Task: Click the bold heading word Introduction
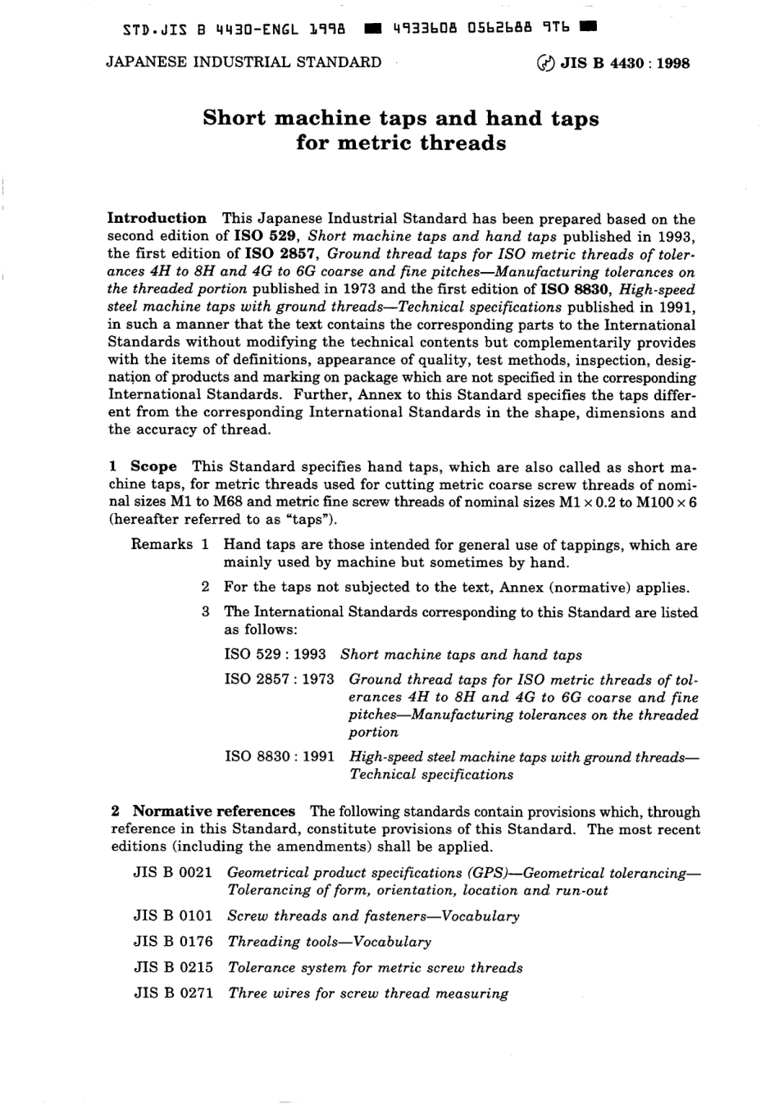pyautogui.click(x=157, y=218)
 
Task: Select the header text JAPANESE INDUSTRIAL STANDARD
pyautogui.click(x=244, y=62)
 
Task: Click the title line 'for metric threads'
pyautogui.click(x=401, y=143)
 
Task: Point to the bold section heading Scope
pyautogui.click(x=153, y=466)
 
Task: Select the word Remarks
pyautogui.click(x=162, y=545)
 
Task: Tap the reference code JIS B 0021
pyautogui.click(x=173, y=873)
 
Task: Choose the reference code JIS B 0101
pyautogui.click(x=173, y=916)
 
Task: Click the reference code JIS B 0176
pyautogui.click(x=173, y=942)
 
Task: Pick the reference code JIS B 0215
pyautogui.click(x=173, y=968)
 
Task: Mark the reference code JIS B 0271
pyautogui.click(x=173, y=993)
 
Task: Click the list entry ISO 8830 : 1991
pyautogui.click(x=280, y=757)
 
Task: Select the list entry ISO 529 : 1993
pyautogui.click(x=276, y=655)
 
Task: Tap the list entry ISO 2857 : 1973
pyautogui.click(x=280, y=679)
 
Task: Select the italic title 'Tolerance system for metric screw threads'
pyautogui.click(x=375, y=968)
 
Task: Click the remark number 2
pyautogui.click(x=206, y=587)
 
